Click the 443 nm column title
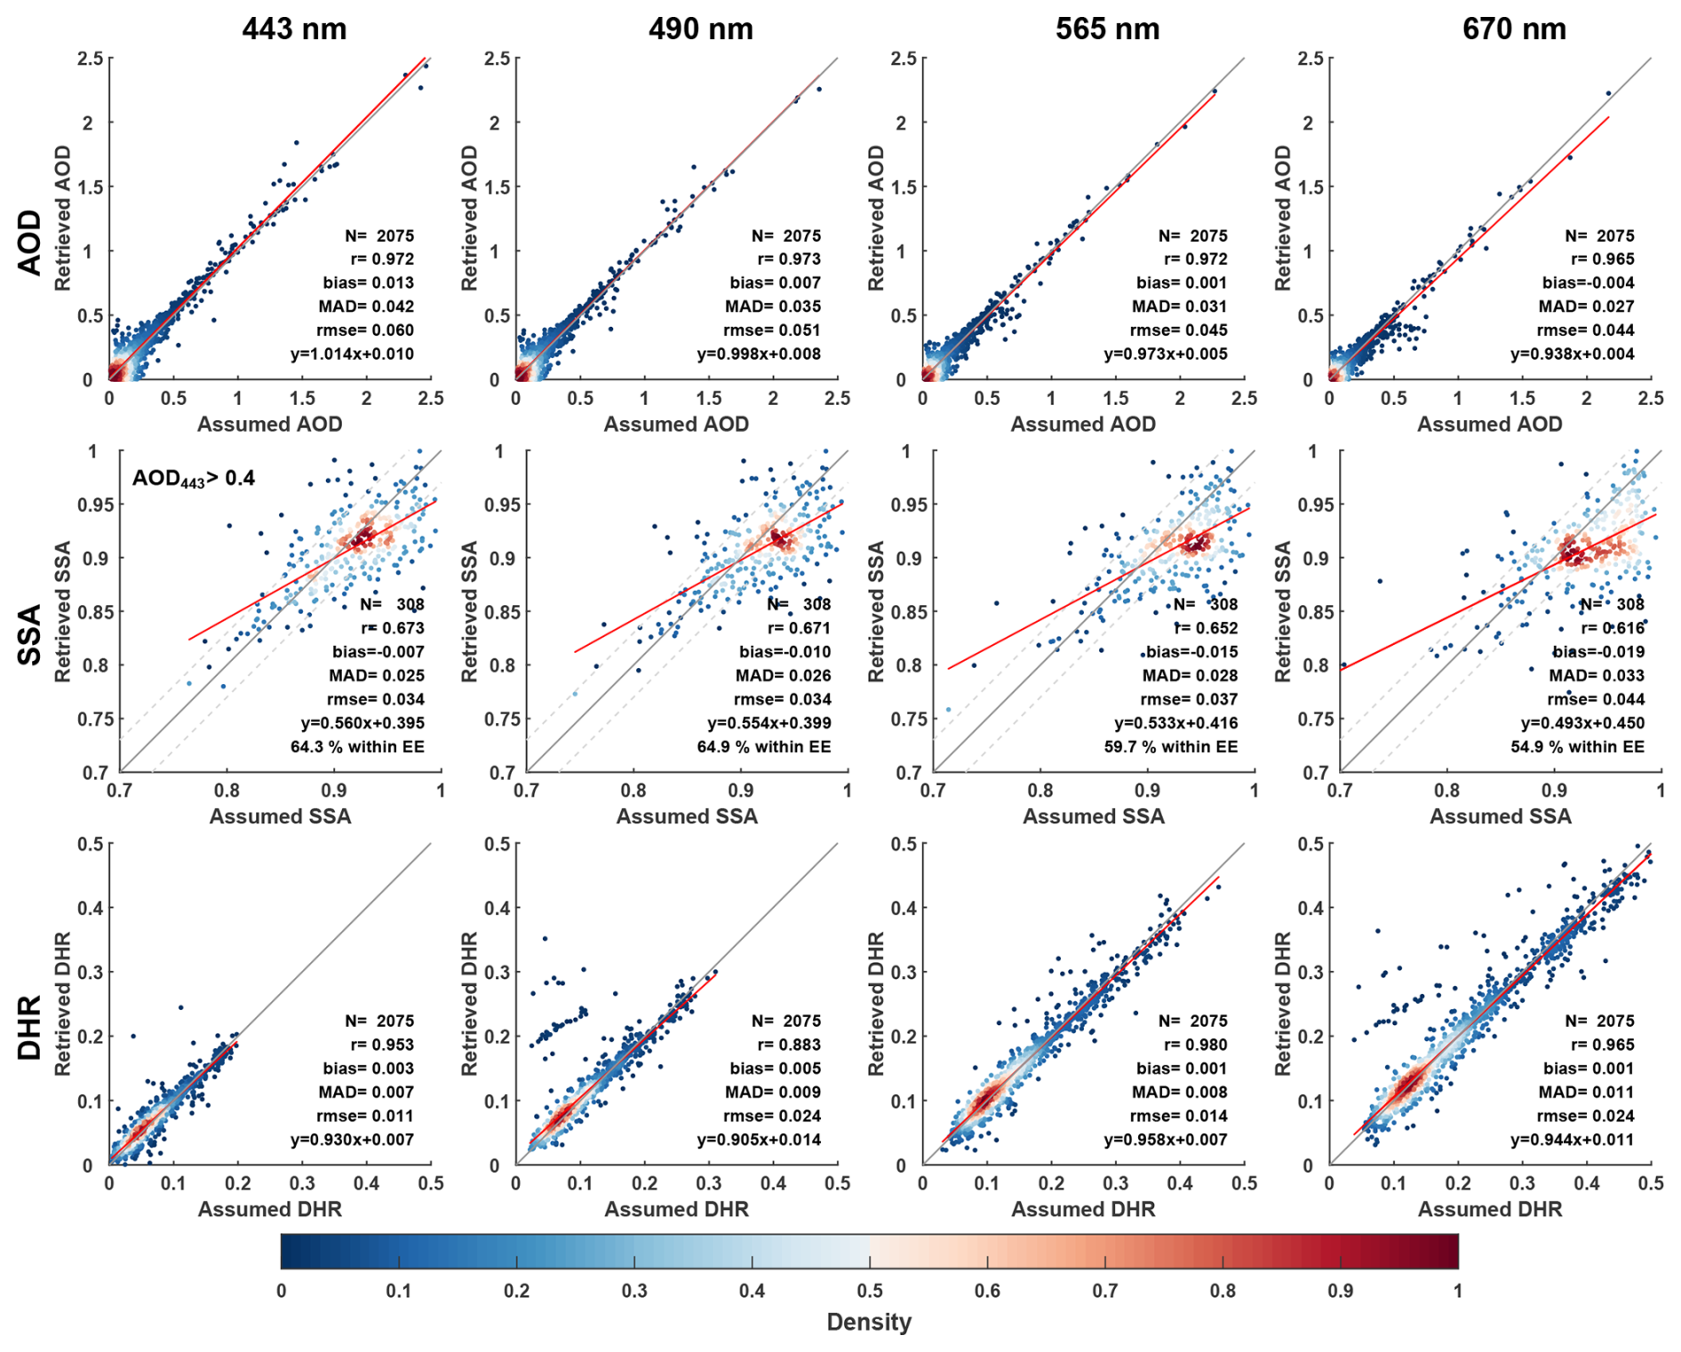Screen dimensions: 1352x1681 tap(294, 28)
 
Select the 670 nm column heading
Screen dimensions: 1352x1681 tap(1514, 28)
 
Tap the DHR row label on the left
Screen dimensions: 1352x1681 tap(29, 1028)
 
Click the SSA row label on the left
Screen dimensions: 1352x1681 tap(29, 634)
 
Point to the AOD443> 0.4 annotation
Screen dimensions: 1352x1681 tap(194, 479)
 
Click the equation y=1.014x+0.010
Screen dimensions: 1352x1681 tap(352, 354)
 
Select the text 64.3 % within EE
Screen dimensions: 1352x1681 tap(357, 746)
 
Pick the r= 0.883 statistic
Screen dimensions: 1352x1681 tap(789, 1045)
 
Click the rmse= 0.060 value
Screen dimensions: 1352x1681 tap(365, 330)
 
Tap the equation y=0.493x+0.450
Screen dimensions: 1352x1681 tap(1582, 723)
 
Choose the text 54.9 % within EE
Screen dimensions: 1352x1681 tap(1577, 746)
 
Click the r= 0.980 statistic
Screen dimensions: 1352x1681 tap(1196, 1045)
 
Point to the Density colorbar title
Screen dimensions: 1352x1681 tap(868, 1322)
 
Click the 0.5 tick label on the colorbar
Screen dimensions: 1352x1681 tap(870, 1291)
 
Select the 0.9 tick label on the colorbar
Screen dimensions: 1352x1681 tap(1340, 1291)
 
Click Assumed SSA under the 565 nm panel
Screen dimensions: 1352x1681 tap(1093, 816)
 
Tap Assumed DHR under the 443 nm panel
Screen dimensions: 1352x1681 tap(269, 1209)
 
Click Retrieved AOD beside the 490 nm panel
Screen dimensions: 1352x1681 tap(469, 219)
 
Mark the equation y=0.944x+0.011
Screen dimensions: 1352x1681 tap(1572, 1140)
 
